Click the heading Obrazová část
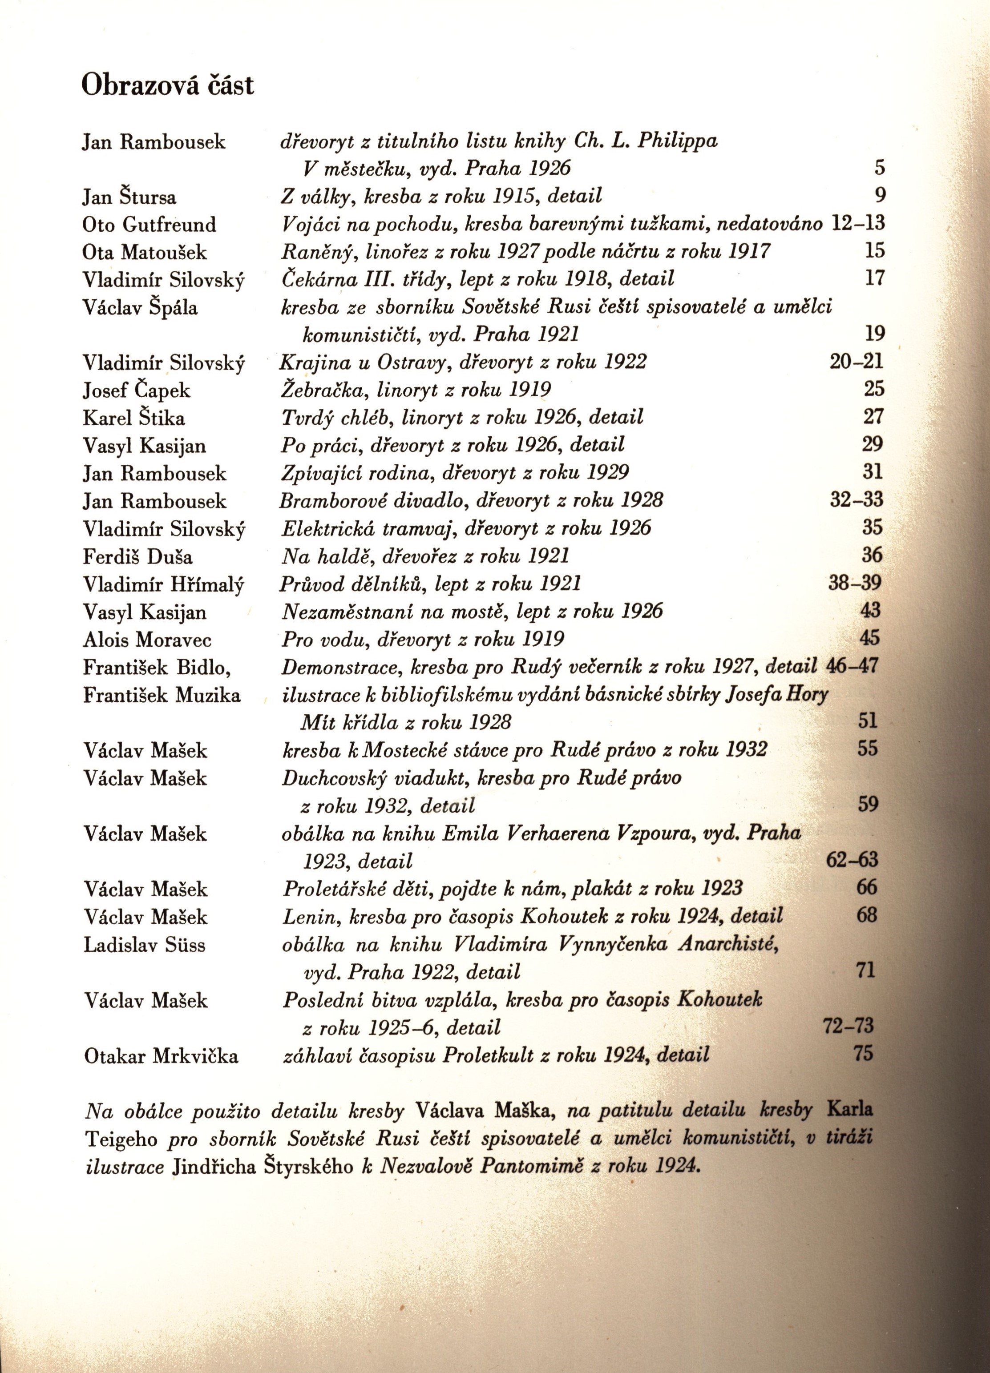168,86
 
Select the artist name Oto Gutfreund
149,225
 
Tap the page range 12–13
858,223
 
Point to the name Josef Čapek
136,391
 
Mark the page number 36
873,555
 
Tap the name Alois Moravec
147,640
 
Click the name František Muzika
162,696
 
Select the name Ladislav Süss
145,945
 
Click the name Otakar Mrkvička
161,1056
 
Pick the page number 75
864,1054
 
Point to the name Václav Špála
140,308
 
